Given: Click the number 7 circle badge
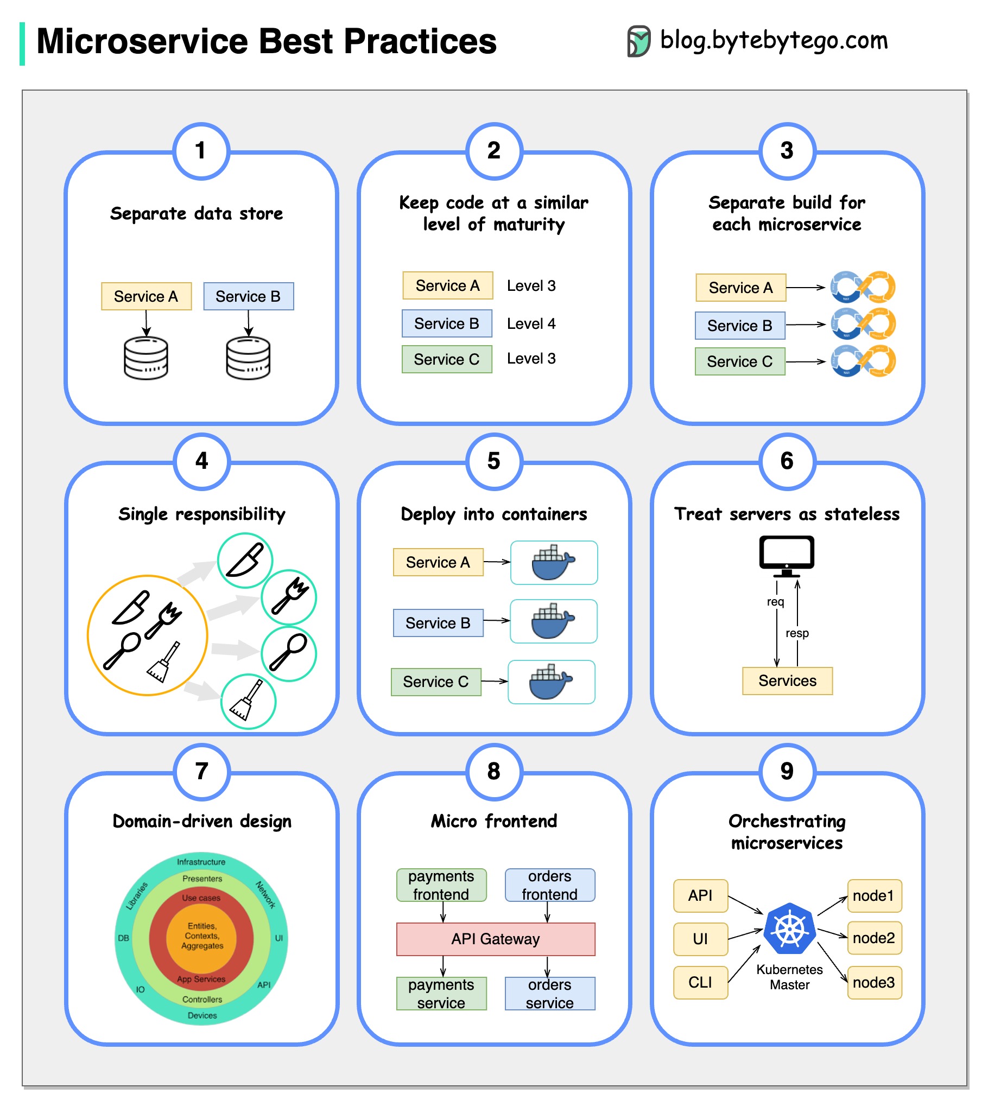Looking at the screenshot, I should pyautogui.click(x=201, y=771).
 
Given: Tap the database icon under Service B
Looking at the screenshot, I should pyautogui.click(x=248, y=358).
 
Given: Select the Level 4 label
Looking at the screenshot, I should pyautogui.click(x=531, y=324).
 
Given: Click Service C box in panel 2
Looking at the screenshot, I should pyautogui.click(x=447, y=359).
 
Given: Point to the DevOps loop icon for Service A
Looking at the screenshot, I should pyautogui.click(x=863, y=287).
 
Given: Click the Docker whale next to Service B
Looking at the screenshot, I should pyautogui.click(x=553, y=621).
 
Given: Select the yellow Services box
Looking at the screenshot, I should pyautogui.click(x=787, y=681).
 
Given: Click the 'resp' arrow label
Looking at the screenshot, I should pyautogui.click(x=797, y=633).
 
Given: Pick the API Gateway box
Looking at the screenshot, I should pyautogui.click(x=496, y=939).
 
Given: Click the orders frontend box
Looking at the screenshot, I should pyautogui.click(x=549, y=885).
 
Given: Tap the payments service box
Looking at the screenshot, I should pyautogui.click(x=441, y=994).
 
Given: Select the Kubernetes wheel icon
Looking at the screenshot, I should pyautogui.click(x=790, y=929).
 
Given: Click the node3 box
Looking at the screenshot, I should pyautogui.click(x=873, y=983).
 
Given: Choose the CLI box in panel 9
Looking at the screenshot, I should pyautogui.click(x=700, y=983).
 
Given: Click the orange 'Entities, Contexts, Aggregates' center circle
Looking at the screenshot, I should pyautogui.click(x=201, y=936).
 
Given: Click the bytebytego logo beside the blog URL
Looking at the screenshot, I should pyautogui.click(x=639, y=41).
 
